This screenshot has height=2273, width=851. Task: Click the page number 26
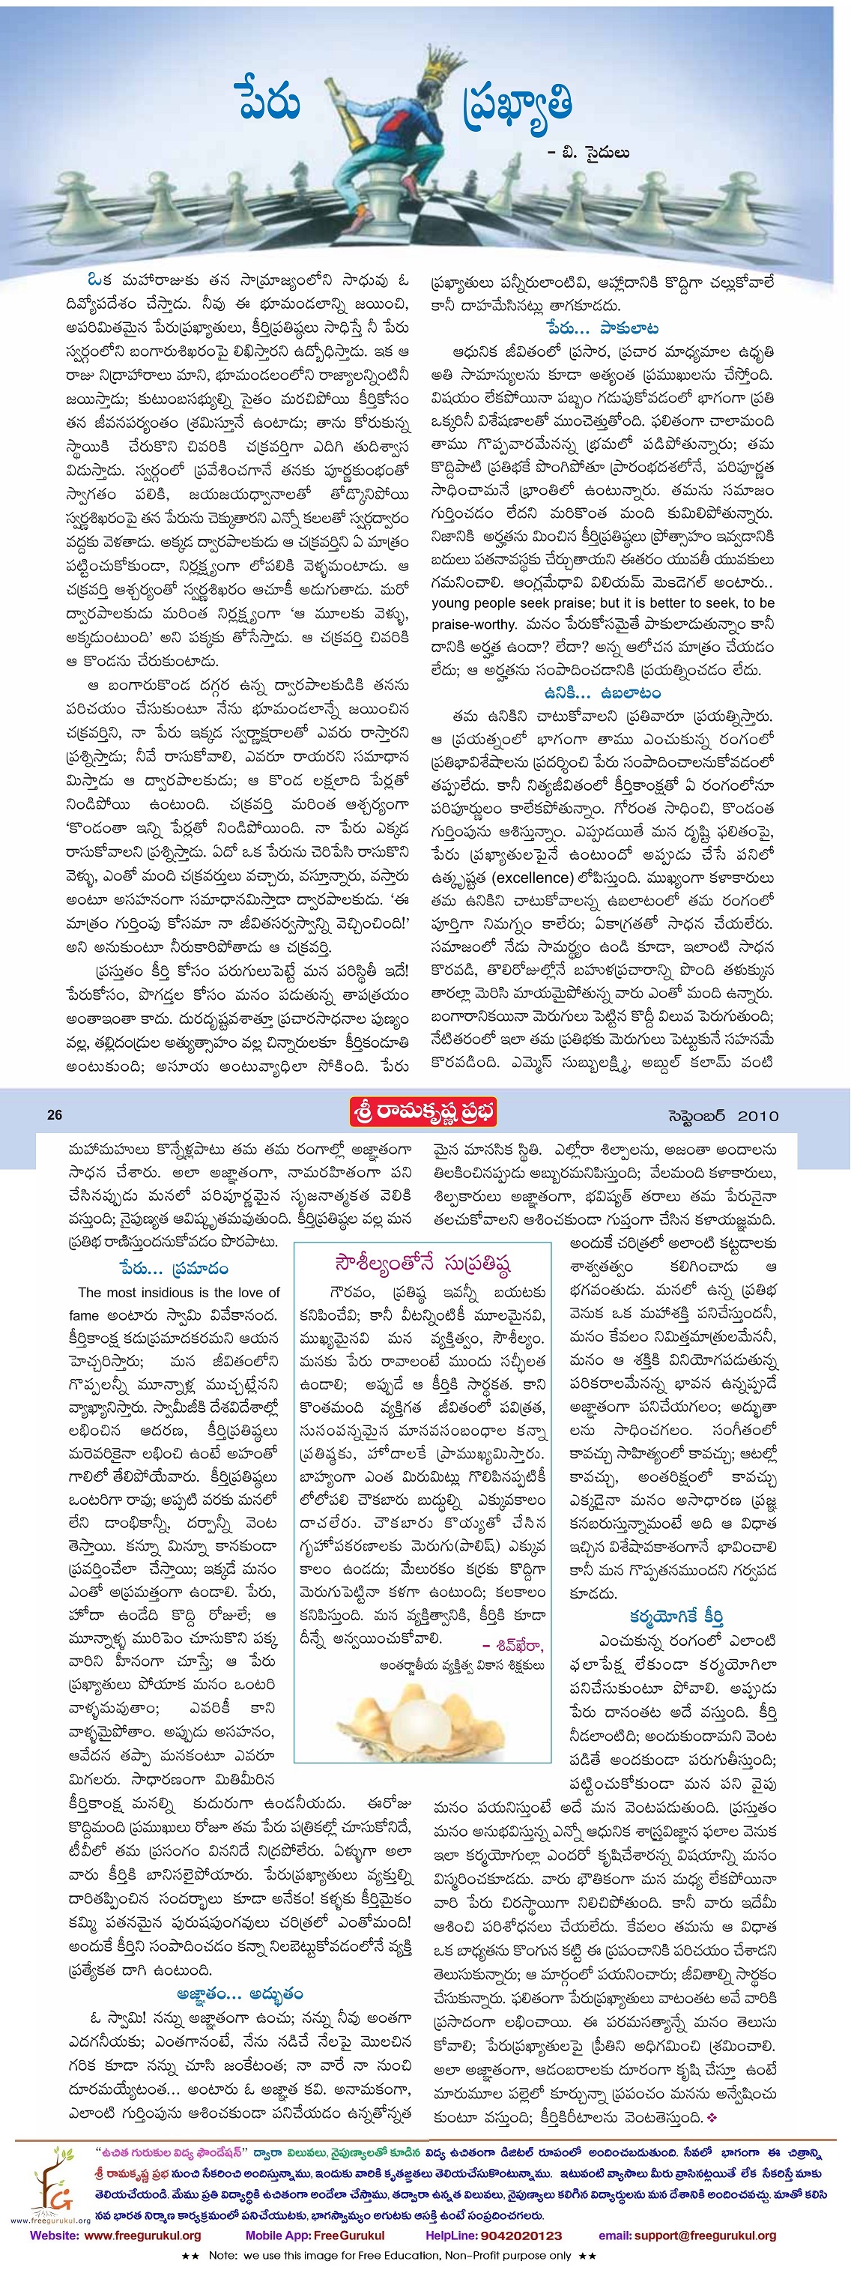click(x=55, y=1114)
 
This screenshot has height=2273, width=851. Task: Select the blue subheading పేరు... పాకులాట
click(x=602, y=329)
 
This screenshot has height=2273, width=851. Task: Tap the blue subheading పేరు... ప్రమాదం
click(x=174, y=1268)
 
